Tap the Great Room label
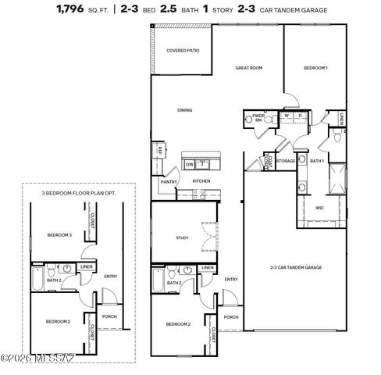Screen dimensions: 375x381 [248, 68]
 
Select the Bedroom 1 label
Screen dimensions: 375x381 [315, 68]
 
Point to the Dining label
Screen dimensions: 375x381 [184, 110]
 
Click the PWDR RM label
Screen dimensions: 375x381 [258, 120]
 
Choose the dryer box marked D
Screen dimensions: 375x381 [299, 116]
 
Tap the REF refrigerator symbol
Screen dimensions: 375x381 [159, 150]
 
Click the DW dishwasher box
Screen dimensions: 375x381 [190, 164]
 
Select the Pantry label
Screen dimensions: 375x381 [168, 181]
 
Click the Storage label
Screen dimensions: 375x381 [285, 161]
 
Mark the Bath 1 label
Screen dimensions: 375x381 [316, 161]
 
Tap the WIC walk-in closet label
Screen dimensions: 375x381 [320, 208]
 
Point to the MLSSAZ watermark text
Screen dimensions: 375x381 [39, 358]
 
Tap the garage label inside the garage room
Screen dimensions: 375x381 [296, 267]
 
